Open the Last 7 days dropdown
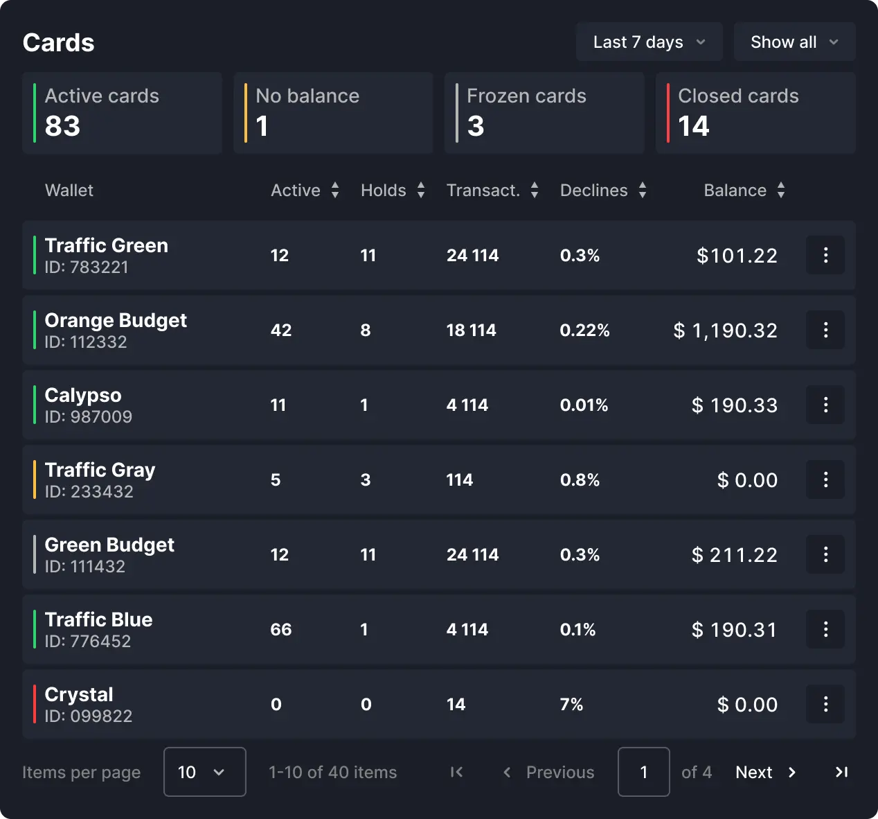(649, 42)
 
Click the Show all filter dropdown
(794, 42)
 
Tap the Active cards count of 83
(63, 126)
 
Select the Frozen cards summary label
(526, 96)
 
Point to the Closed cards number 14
(694, 126)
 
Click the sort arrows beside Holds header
(421, 191)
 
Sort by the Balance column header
(735, 191)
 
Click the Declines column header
(594, 191)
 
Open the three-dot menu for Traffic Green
(825, 255)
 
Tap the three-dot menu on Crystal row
(825, 704)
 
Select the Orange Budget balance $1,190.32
(726, 331)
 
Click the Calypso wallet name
(83, 395)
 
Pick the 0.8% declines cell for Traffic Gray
(580, 479)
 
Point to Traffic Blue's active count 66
(281, 629)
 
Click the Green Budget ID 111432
(85, 566)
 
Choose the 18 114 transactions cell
(472, 330)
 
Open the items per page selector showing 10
(204, 772)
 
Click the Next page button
(765, 772)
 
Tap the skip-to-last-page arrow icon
(841, 772)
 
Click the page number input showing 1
(643, 772)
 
